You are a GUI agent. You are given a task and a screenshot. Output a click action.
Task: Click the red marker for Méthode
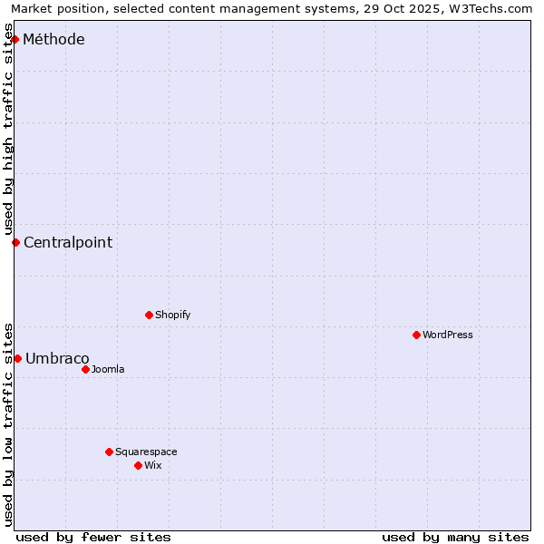pyautogui.click(x=15, y=39)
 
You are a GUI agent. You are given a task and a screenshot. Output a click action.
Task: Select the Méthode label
pyautogui.click(x=53, y=40)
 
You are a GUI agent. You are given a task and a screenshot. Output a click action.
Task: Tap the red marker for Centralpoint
pyautogui.click(x=15, y=242)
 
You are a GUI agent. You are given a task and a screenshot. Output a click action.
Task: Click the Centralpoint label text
pyautogui.click(x=68, y=242)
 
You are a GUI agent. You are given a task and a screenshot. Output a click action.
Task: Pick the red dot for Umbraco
pyautogui.click(x=17, y=358)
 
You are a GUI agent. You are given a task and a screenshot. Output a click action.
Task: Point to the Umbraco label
pyautogui.click(x=57, y=358)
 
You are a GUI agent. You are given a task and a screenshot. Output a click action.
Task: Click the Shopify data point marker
pyautogui.click(x=149, y=315)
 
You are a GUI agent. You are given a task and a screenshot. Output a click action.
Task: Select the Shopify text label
pyautogui.click(x=172, y=315)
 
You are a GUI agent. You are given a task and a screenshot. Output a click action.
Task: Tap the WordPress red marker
pyautogui.click(x=416, y=335)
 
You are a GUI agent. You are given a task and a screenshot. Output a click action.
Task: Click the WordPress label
pyautogui.click(x=447, y=335)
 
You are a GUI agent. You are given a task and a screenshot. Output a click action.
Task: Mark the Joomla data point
pyautogui.click(x=85, y=369)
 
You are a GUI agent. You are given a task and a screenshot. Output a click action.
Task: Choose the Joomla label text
pyautogui.click(x=108, y=369)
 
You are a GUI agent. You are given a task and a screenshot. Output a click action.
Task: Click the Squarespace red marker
pyautogui.click(x=109, y=452)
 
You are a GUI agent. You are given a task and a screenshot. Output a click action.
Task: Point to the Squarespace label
pyautogui.click(x=146, y=452)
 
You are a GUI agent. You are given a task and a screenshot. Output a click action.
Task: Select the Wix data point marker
pyautogui.click(x=138, y=465)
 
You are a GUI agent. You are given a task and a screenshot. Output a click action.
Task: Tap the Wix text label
pyautogui.click(x=152, y=465)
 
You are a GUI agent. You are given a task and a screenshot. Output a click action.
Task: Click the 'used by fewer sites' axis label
pyautogui.click(x=93, y=537)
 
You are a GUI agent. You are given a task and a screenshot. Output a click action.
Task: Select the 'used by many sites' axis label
pyautogui.click(x=455, y=537)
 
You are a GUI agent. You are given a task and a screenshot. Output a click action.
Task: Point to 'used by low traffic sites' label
pyautogui.click(x=9, y=423)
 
